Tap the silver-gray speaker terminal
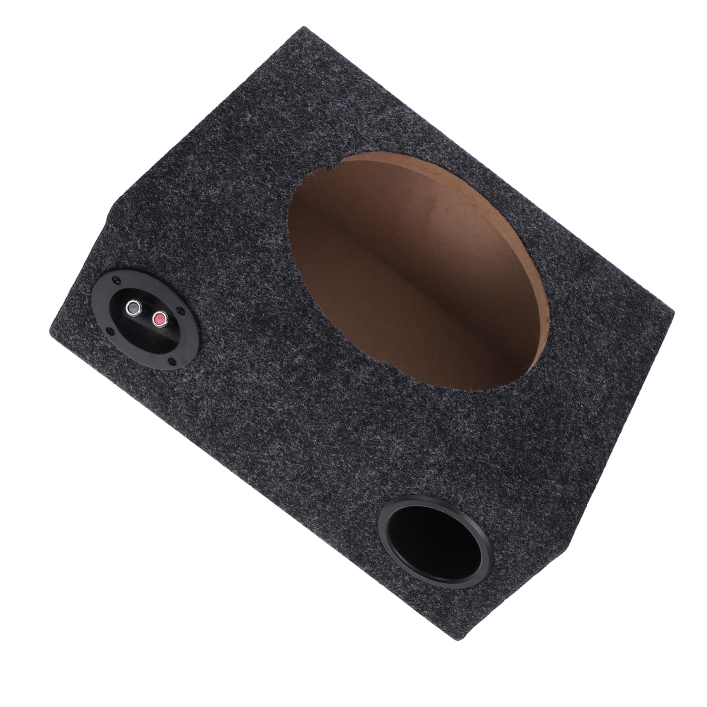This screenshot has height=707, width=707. coord(134,307)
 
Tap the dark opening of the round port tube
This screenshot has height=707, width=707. coord(433,539)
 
